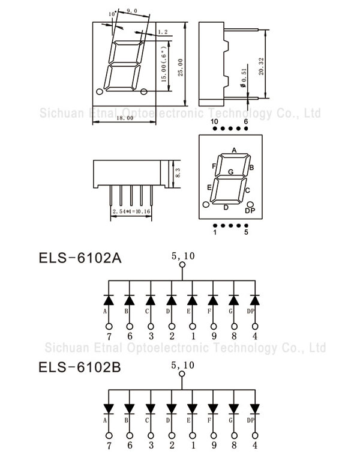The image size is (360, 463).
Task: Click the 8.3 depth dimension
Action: (178, 173)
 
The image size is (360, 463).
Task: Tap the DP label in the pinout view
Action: (250, 210)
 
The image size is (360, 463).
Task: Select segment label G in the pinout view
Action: (230, 172)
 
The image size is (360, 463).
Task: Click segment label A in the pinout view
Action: (234, 150)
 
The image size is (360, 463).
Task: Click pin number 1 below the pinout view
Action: (214, 232)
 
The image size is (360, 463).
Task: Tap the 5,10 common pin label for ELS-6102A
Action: (182, 256)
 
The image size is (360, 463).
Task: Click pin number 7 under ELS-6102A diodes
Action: (109, 336)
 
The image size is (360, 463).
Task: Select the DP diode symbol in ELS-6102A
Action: (254, 299)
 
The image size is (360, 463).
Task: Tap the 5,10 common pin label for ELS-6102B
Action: (182, 365)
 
